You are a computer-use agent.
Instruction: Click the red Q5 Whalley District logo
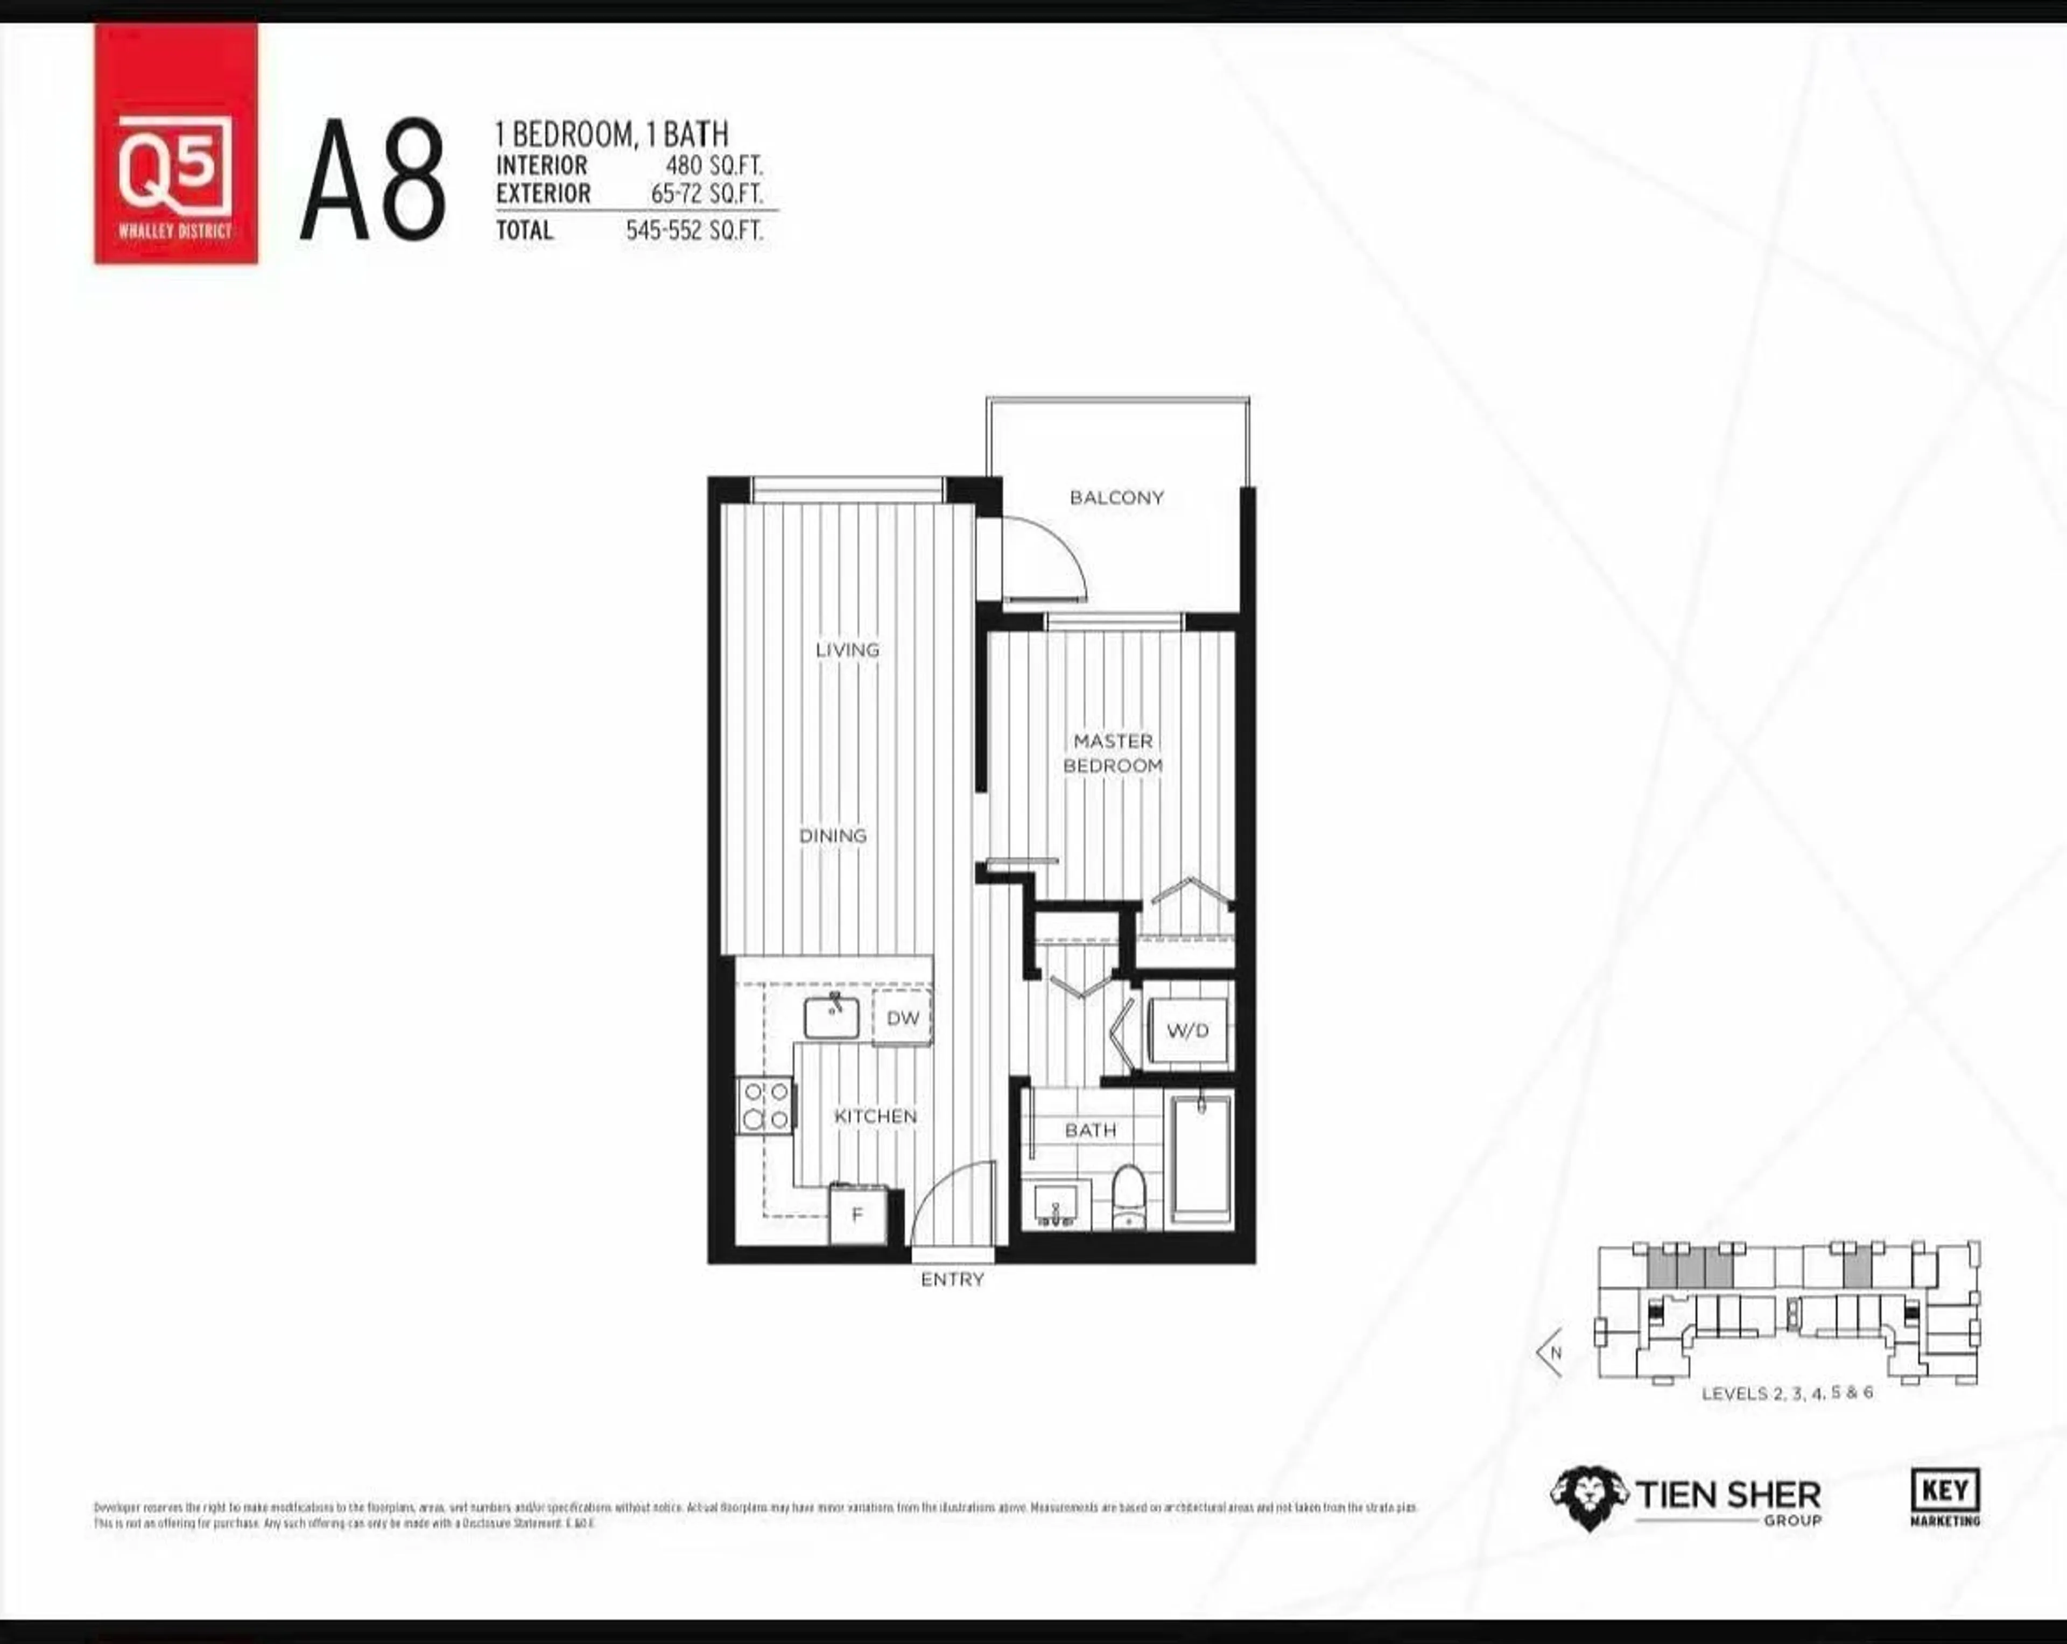click(175, 144)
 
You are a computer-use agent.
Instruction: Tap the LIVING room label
click(847, 650)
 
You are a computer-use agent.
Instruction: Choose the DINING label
click(832, 836)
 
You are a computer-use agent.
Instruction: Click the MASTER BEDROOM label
click(1112, 753)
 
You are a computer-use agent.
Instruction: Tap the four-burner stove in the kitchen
click(765, 1105)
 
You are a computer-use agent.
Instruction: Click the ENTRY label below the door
click(952, 1280)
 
